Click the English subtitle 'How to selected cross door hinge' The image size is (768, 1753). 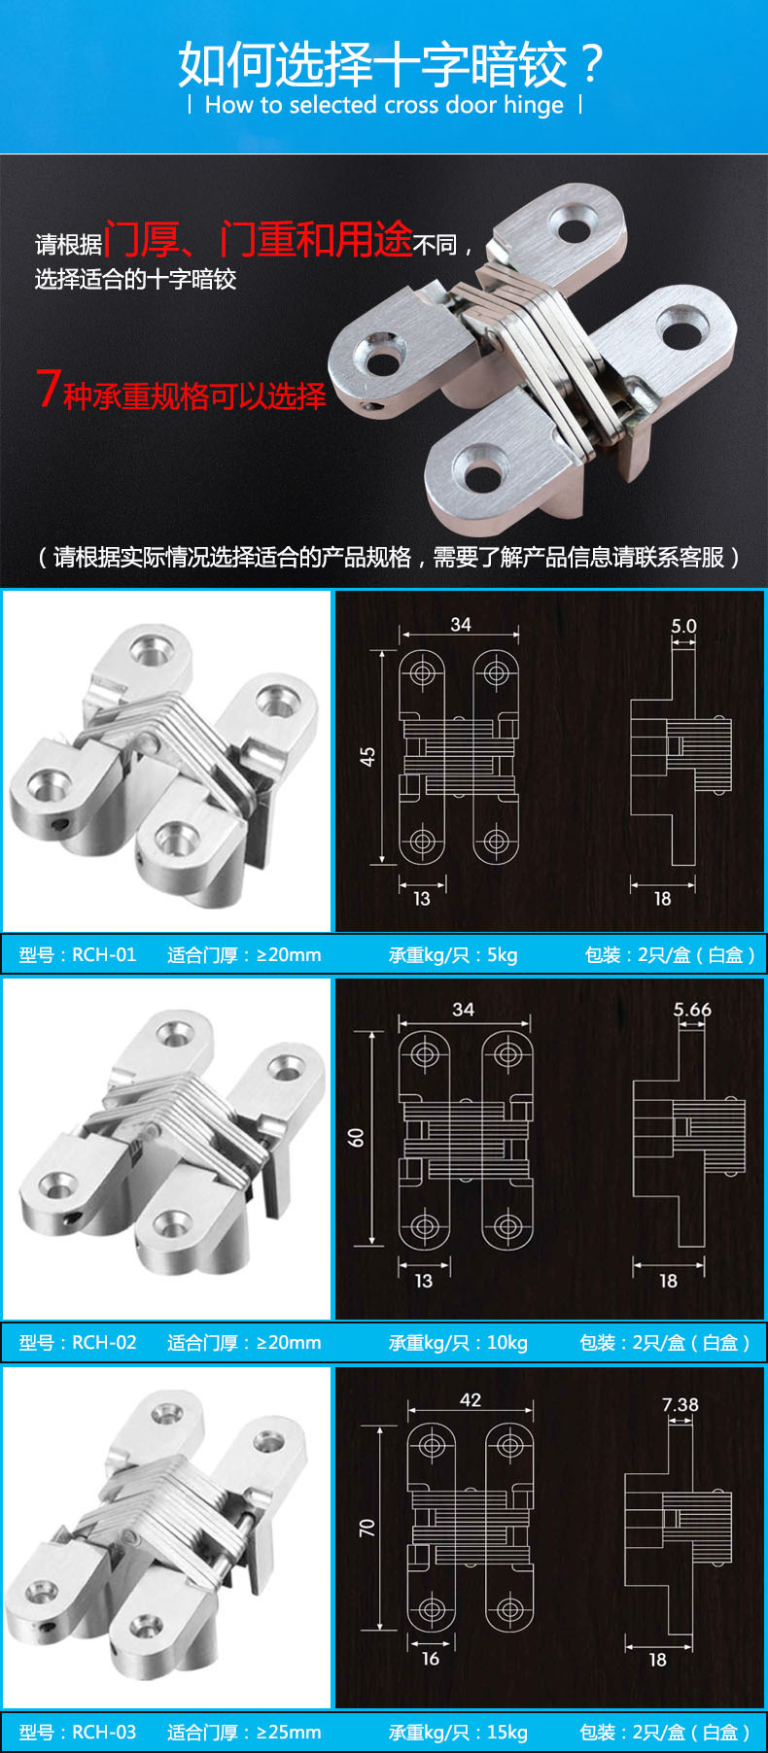pyautogui.click(x=384, y=105)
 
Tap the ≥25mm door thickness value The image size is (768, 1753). pyautogui.click(x=289, y=1732)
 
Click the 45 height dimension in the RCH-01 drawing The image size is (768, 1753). pyautogui.click(x=367, y=757)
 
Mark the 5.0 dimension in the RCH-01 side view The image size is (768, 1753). pyautogui.click(x=683, y=626)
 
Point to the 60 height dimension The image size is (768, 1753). pyautogui.click(x=357, y=1137)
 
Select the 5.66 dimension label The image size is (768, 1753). pyautogui.click(x=692, y=1010)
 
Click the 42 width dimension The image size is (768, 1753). pyautogui.click(x=471, y=1399)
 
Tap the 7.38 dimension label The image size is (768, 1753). pyautogui.click(x=681, y=1404)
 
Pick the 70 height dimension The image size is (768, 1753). pyautogui.click(x=367, y=1528)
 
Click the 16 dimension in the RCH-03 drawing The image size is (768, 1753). pyautogui.click(x=431, y=1659)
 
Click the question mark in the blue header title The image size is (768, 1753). pyautogui.click(x=589, y=64)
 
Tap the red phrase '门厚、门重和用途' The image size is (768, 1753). pyautogui.click(x=258, y=239)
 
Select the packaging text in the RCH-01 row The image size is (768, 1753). pyautogui.click(x=669, y=954)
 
